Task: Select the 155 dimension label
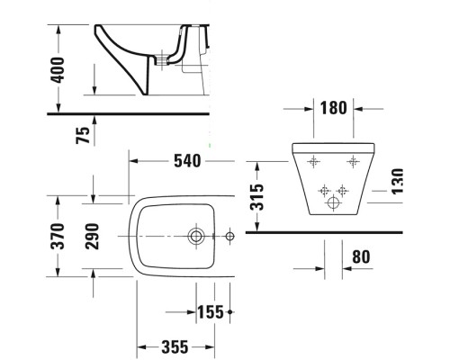tap(210, 312)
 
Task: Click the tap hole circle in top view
tap(196, 238)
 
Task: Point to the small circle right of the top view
tap(229, 238)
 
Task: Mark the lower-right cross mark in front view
tap(342, 190)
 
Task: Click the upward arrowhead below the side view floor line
tap(94, 121)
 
